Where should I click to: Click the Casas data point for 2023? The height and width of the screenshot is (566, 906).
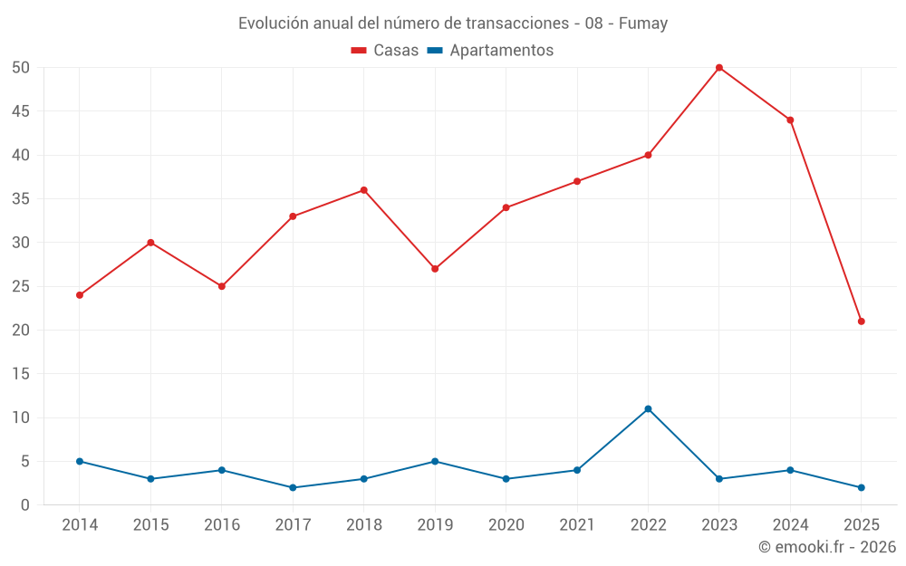(719, 68)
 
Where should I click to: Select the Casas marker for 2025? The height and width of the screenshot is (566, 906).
(862, 321)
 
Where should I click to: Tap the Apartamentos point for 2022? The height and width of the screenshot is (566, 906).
(648, 409)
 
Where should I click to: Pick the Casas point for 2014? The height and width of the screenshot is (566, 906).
(80, 295)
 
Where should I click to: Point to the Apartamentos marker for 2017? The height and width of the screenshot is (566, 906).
(293, 488)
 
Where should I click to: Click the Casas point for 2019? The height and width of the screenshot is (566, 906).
(435, 269)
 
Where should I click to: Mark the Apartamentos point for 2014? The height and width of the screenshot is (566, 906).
(80, 462)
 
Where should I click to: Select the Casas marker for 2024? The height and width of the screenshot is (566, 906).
(790, 120)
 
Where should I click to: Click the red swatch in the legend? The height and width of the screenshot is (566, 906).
(359, 51)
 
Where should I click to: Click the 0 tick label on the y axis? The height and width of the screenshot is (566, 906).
(26, 505)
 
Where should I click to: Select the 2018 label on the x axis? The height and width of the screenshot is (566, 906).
(364, 525)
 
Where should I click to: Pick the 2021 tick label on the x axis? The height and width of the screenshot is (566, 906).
(577, 525)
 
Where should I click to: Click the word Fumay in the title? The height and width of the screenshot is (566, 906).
(644, 24)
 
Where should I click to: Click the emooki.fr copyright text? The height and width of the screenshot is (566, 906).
(827, 547)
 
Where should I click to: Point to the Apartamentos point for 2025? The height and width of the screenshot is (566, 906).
(862, 488)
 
